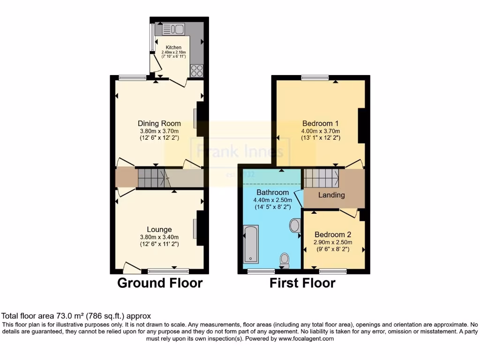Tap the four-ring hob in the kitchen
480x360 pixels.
[197, 70]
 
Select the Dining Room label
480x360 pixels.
[159, 124]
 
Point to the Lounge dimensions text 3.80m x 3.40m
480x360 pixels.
[159, 237]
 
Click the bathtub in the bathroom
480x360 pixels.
[251, 243]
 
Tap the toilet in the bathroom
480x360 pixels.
[285, 259]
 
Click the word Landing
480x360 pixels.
[332, 195]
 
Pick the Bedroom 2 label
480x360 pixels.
[333, 234]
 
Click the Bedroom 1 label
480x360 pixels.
[321, 124]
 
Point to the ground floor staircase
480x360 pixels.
[151, 178]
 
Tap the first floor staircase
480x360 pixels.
[322, 178]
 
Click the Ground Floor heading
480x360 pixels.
[159, 283]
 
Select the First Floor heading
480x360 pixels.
[302, 283]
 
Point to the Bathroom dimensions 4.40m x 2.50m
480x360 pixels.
[272, 200]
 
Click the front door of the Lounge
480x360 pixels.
[132, 269]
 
